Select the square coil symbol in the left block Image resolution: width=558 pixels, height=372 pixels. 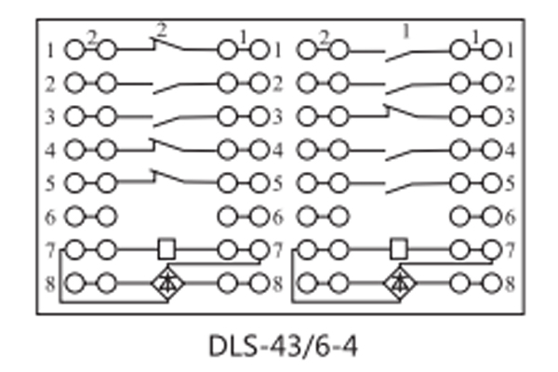point(166,248)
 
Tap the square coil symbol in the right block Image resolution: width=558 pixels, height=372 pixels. point(399,248)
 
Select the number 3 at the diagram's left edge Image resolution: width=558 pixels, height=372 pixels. point(50,118)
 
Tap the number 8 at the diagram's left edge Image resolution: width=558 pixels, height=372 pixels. point(50,281)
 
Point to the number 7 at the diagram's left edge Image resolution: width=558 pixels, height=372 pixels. point(50,248)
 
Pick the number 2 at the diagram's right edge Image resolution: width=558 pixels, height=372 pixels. point(509,85)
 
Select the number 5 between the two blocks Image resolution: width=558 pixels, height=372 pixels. point(277,183)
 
